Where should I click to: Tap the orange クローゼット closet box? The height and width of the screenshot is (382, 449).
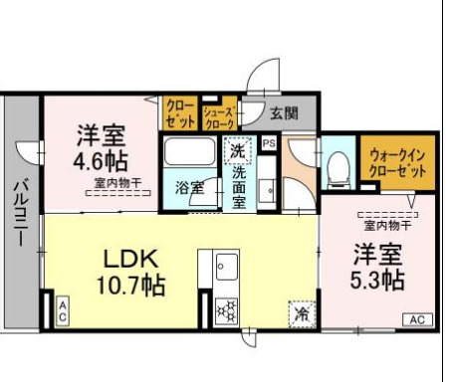point(180,114)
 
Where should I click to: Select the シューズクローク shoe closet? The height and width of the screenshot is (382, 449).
point(218,115)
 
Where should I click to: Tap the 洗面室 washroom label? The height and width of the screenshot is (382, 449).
point(239,185)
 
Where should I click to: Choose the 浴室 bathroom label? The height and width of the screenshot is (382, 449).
point(189,186)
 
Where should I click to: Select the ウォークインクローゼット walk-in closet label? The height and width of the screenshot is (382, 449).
point(398,162)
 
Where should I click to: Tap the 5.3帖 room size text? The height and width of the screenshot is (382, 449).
point(376,277)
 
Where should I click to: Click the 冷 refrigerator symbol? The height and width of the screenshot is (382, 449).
point(300,312)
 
